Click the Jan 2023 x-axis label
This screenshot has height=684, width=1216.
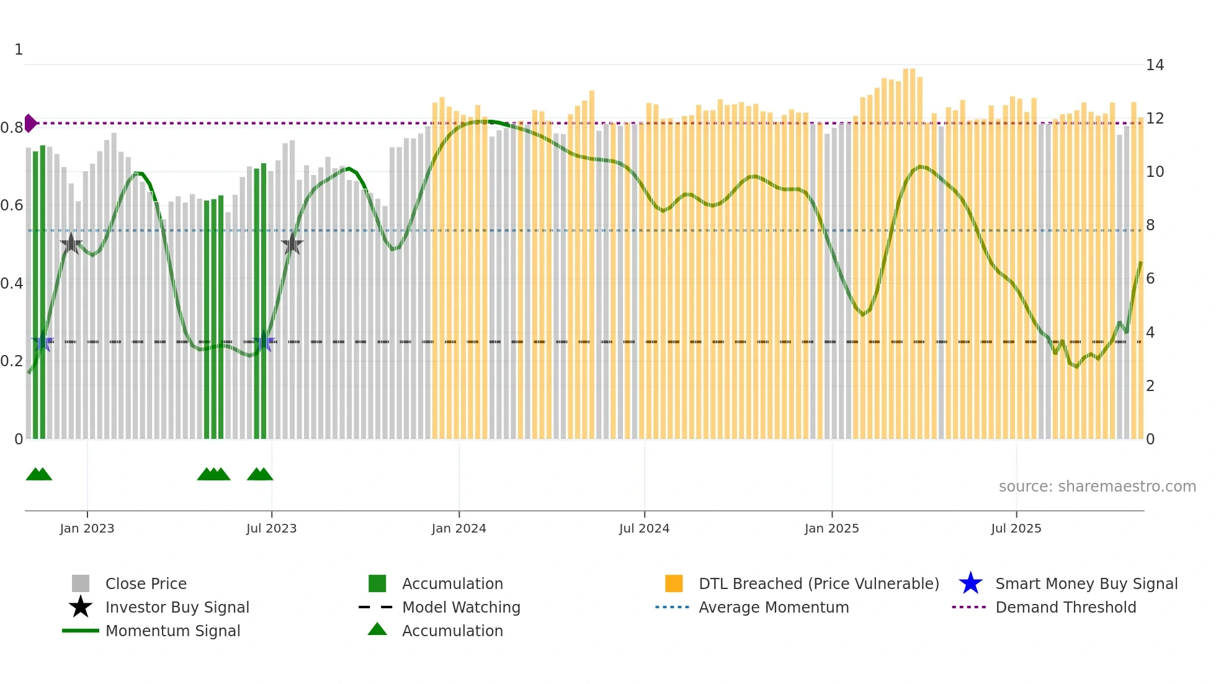click(87, 529)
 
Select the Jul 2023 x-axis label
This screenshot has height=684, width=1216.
click(271, 529)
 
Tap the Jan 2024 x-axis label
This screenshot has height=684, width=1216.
click(458, 529)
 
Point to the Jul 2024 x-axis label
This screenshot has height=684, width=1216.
click(644, 529)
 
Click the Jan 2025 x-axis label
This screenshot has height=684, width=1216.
click(831, 529)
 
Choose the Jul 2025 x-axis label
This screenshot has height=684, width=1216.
click(1016, 529)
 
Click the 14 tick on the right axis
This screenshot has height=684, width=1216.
click(1155, 65)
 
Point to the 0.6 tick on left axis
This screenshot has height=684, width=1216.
click(12, 205)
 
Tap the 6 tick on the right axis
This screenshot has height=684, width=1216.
click(1150, 279)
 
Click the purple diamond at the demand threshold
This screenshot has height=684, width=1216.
click(30, 123)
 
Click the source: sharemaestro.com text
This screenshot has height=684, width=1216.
click(1097, 487)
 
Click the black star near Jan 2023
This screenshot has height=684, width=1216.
click(71, 243)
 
